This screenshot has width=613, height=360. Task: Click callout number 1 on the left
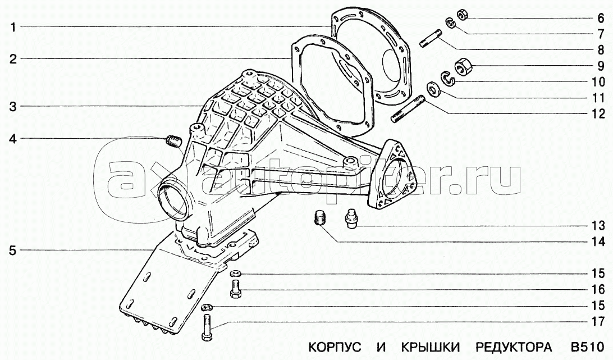pos(12,26)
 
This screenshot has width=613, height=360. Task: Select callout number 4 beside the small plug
pos(12,139)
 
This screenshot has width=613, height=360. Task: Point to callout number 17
pos(597,322)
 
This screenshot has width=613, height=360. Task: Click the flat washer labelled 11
pos(433,89)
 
